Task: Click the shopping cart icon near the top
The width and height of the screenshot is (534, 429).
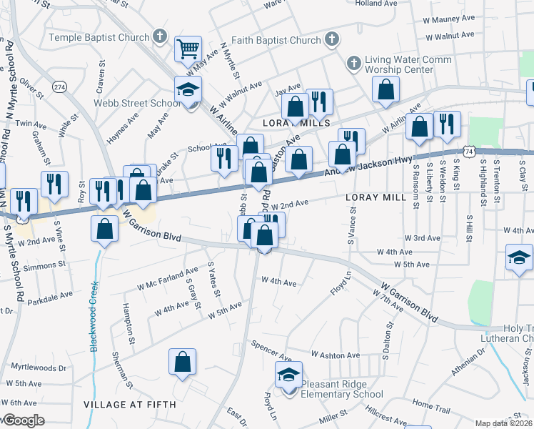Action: pos(188,49)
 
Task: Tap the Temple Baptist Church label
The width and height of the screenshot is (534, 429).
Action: pos(99,36)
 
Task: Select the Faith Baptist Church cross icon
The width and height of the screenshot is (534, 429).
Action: pos(332,39)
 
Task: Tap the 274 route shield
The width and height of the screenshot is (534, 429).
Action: pos(59,87)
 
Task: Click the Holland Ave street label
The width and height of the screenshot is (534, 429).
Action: pos(376,4)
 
